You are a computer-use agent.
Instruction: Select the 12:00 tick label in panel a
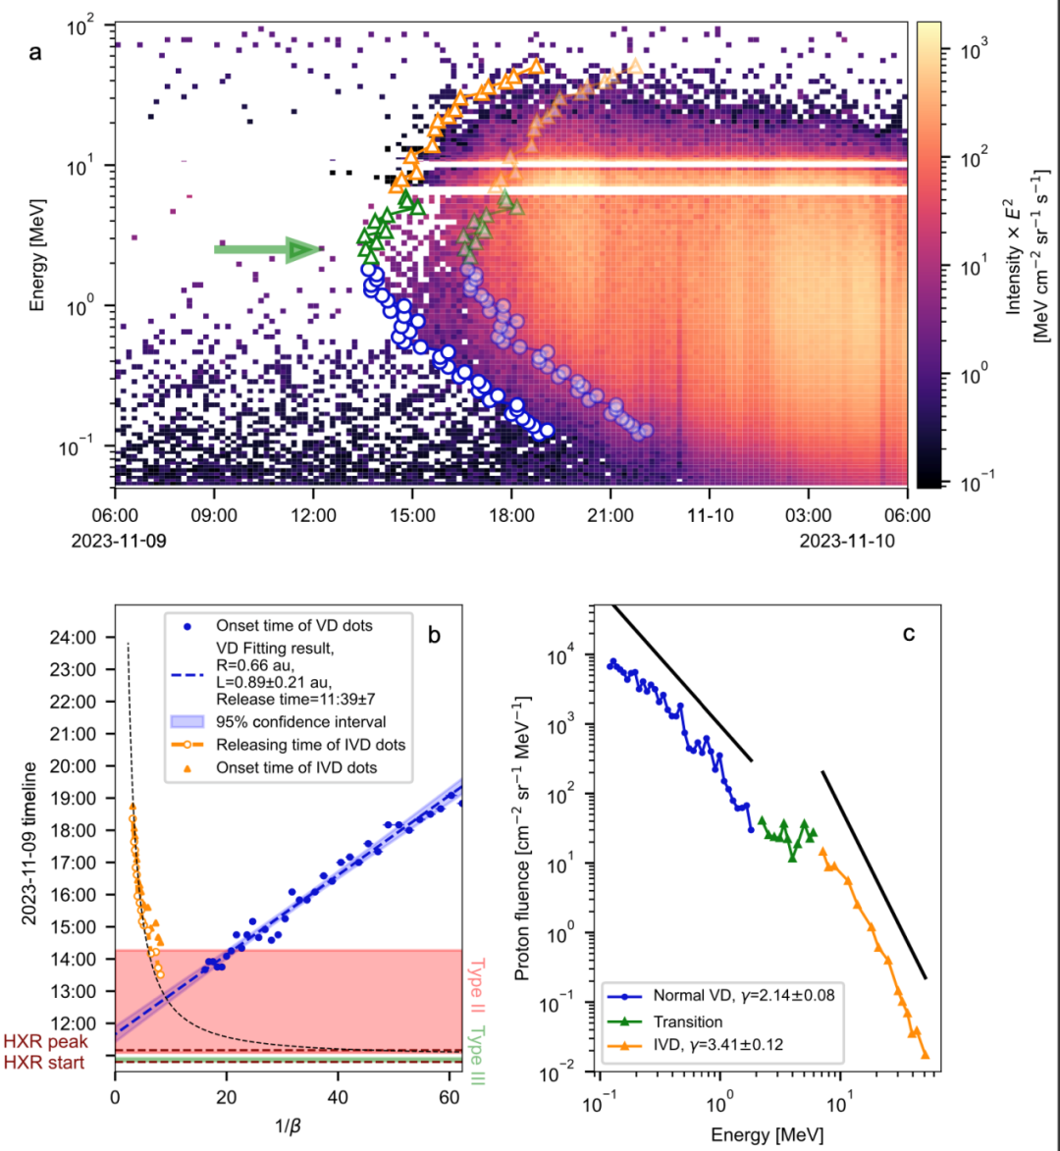313,514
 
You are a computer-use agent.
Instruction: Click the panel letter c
909,634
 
